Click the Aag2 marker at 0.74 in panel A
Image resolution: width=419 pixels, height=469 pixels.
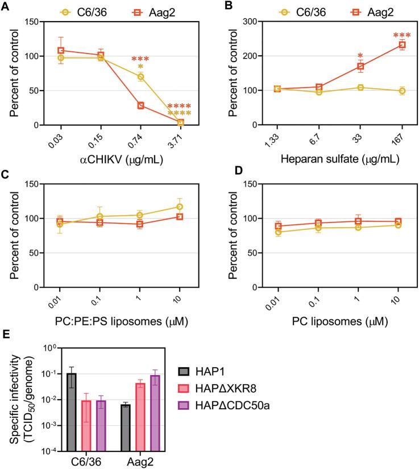pos(140,105)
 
